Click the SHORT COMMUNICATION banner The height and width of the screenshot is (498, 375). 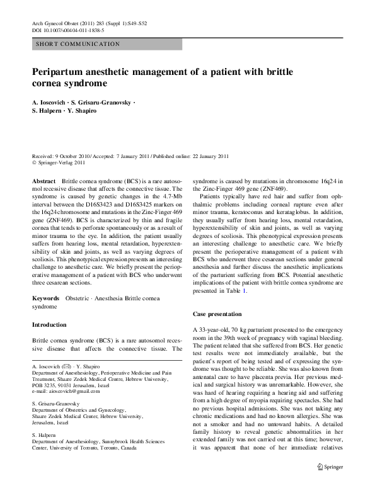(x=78, y=44)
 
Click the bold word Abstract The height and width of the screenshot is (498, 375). (x=43, y=180)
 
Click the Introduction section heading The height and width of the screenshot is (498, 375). (x=49, y=325)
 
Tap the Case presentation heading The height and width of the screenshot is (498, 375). (x=217, y=314)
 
